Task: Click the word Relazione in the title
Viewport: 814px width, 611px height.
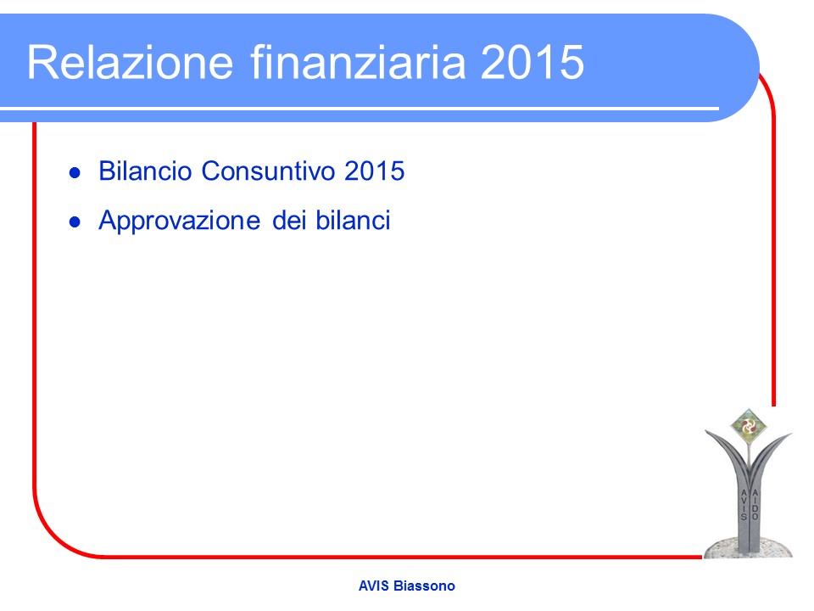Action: (x=131, y=62)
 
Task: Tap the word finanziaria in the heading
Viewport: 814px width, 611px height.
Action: (x=358, y=62)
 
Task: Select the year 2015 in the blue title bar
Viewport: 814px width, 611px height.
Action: (x=532, y=62)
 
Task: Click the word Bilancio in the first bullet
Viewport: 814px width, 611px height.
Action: (x=145, y=171)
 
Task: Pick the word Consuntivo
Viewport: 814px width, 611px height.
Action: (x=268, y=171)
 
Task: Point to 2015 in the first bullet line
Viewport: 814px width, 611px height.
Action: (x=374, y=171)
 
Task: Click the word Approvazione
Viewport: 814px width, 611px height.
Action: (x=179, y=221)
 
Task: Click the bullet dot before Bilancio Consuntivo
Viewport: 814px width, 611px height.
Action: (x=75, y=173)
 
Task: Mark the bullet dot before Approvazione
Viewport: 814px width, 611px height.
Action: (x=75, y=222)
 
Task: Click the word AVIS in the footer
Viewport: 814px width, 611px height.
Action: (x=374, y=586)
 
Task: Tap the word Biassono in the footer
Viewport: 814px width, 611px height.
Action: (x=424, y=586)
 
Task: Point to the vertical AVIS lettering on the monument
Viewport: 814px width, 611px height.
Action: (x=744, y=504)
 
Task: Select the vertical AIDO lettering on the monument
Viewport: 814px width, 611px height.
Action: (x=755, y=504)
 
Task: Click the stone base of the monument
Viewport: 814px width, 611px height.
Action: (x=748, y=549)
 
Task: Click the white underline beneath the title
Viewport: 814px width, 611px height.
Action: (x=360, y=109)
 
